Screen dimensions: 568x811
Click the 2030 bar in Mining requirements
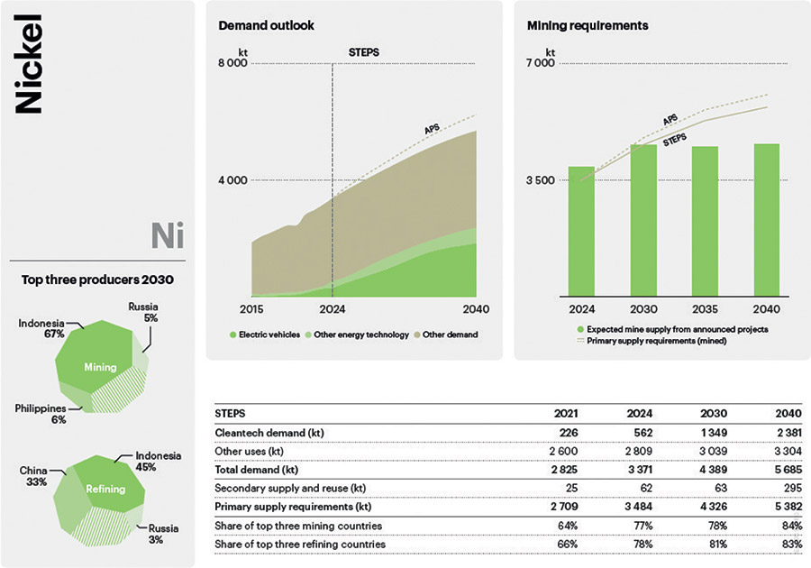click(642, 220)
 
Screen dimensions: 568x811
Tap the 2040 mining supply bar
click(766, 220)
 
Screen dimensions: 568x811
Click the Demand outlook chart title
click(266, 25)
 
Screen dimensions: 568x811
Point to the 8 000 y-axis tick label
click(232, 63)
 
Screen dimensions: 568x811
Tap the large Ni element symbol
click(168, 236)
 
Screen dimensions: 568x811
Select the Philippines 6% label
click(41, 414)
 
